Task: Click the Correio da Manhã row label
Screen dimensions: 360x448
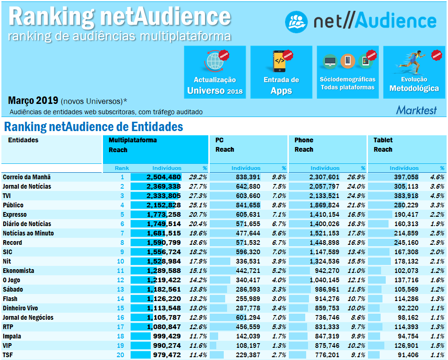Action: point(27,177)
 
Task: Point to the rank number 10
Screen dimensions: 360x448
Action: point(120,262)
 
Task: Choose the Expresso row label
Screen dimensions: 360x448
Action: point(15,215)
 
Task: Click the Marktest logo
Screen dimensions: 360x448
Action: point(416,110)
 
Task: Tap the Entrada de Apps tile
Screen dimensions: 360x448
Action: point(281,72)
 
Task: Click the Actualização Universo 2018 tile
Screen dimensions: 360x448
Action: point(214,72)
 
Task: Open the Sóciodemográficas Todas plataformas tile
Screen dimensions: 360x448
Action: point(347,72)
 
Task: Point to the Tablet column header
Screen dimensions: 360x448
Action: point(383,140)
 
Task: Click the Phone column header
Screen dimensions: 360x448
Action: point(304,140)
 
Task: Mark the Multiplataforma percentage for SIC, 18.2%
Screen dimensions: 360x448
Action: point(198,252)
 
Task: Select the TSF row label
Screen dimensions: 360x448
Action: point(8,355)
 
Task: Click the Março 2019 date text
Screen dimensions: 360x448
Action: point(33,101)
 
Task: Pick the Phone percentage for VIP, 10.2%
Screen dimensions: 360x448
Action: point(356,346)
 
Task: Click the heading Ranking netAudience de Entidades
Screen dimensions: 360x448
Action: point(93,127)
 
